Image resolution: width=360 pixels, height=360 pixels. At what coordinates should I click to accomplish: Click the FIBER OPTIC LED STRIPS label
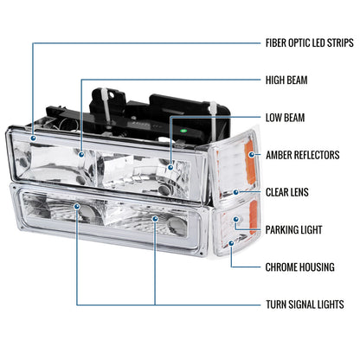(309, 43)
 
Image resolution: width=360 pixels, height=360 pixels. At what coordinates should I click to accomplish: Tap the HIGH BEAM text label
(286, 80)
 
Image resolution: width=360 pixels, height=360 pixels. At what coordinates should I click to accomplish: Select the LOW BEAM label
(285, 118)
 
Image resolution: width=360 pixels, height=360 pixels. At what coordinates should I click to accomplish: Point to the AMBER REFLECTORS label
(302, 155)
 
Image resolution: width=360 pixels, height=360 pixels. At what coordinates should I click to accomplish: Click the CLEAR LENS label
(287, 192)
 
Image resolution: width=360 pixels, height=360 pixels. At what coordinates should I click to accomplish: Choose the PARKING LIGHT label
(293, 230)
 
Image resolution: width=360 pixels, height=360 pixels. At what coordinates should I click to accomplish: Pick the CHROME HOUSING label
(299, 267)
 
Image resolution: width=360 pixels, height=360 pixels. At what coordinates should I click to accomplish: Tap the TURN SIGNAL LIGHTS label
(305, 305)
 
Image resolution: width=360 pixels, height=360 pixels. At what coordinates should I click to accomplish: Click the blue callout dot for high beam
(82, 155)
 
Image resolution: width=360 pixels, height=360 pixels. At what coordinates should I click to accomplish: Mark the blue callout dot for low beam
(170, 167)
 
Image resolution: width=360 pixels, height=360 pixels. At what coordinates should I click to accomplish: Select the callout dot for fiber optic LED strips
(34, 138)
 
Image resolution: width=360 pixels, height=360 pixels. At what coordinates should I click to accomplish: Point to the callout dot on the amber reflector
(252, 155)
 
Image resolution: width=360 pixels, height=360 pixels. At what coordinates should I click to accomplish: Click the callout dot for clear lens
(236, 192)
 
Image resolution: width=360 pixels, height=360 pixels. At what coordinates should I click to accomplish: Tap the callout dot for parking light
(236, 220)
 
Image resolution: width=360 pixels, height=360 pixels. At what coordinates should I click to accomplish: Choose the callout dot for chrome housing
(231, 243)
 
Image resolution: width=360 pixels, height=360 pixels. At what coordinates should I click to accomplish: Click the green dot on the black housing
(183, 131)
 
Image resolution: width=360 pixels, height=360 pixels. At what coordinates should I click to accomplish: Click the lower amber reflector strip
(253, 216)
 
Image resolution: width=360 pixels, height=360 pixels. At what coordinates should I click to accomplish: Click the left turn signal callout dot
(77, 207)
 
